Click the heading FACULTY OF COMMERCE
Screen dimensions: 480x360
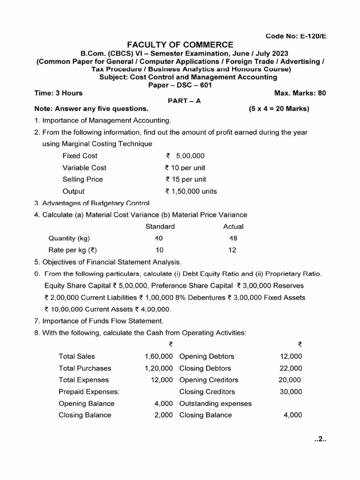(x=180, y=45)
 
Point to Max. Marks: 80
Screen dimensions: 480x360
(x=299, y=93)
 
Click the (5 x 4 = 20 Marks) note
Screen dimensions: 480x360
(x=279, y=109)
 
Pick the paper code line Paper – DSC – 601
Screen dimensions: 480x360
(x=180, y=85)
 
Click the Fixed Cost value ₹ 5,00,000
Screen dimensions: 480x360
(x=185, y=156)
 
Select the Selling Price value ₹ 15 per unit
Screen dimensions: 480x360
(x=186, y=179)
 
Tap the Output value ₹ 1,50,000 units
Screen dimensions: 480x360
(x=191, y=191)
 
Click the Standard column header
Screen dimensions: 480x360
(x=160, y=226)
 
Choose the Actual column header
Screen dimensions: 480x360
(x=233, y=226)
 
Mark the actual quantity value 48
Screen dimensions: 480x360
(x=233, y=238)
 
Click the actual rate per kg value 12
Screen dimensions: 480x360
(x=232, y=250)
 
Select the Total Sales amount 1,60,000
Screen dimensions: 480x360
(x=158, y=356)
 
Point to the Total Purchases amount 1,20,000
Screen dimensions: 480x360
(x=158, y=368)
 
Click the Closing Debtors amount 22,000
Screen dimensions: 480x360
(x=291, y=368)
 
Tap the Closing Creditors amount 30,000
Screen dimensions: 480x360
(x=291, y=391)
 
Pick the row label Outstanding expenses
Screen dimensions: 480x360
(x=215, y=403)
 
